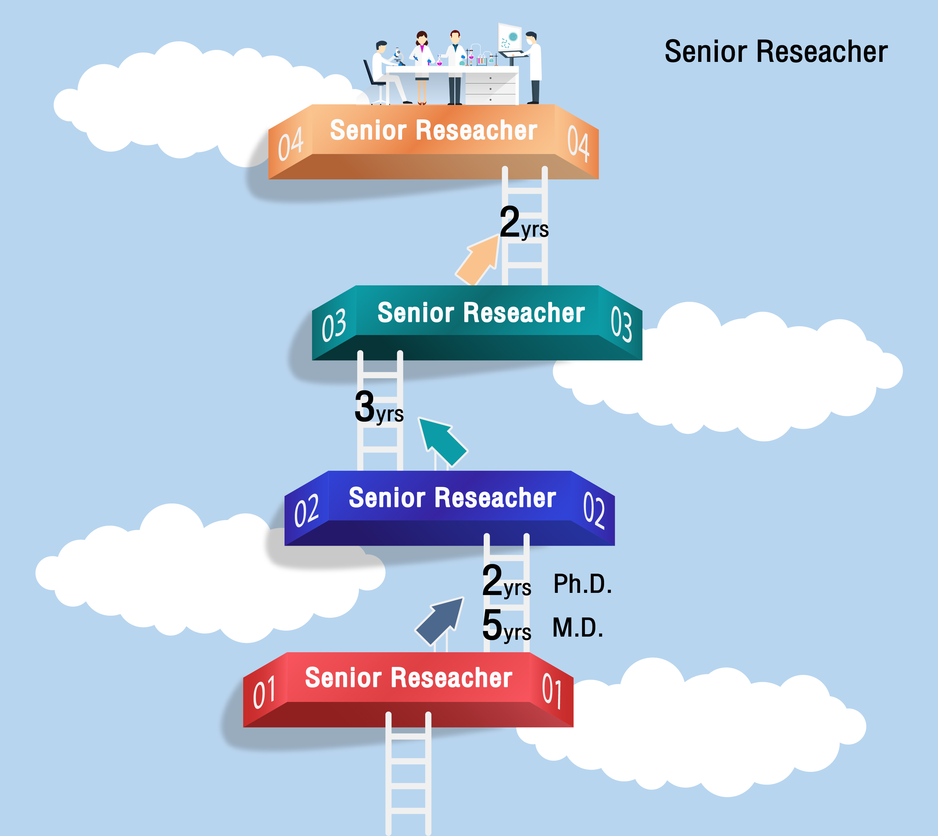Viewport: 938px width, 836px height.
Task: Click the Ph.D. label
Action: click(582, 584)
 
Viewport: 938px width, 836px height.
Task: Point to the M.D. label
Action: click(578, 628)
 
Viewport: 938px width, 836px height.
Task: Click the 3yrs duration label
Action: click(379, 408)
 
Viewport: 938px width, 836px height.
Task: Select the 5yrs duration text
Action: click(506, 626)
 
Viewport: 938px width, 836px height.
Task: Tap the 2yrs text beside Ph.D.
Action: click(506, 582)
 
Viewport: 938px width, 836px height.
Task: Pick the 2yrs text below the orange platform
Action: click(523, 224)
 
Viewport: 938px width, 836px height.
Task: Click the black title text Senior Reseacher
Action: click(776, 52)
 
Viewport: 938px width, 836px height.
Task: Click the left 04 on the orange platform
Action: click(290, 143)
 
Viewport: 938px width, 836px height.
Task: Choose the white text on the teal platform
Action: click(481, 313)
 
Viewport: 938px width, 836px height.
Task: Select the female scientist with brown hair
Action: click(422, 64)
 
